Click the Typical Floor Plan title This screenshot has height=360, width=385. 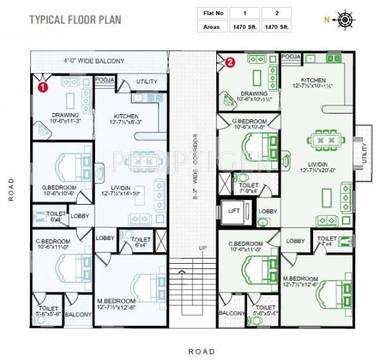(74, 19)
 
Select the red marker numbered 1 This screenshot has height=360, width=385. (42, 85)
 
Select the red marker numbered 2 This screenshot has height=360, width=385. (231, 63)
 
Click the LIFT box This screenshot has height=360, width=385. (232, 211)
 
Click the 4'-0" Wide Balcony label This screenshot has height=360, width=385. (94, 62)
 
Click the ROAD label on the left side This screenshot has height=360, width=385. (11, 189)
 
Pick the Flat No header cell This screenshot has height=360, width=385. (211, 12)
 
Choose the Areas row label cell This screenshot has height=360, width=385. (211, 26)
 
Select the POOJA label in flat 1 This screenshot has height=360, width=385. (104, 81)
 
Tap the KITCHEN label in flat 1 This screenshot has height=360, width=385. (126, 116)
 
